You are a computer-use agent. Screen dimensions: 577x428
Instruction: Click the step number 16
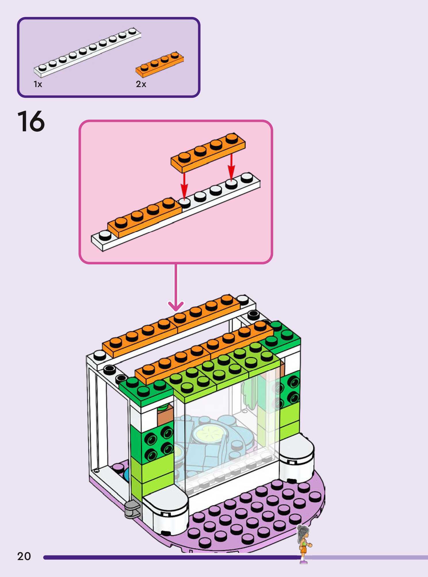31,122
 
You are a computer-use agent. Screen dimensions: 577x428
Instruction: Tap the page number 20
24,556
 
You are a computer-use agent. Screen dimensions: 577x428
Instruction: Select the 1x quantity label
38,84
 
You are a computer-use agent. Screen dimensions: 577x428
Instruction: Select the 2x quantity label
141,84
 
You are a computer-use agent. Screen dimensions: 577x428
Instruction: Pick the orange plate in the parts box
160,64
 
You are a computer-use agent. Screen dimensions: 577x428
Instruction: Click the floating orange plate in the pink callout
208,153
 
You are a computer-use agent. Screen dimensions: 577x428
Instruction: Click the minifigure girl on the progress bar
303,543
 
